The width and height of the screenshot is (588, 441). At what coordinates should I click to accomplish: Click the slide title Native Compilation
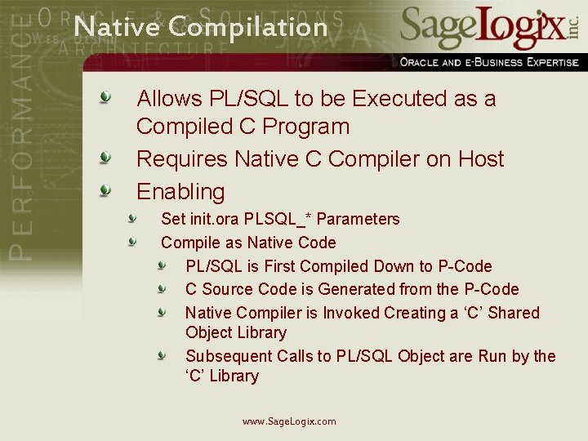(200, 27)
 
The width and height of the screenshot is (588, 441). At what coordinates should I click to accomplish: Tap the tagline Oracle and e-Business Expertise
(489, 62)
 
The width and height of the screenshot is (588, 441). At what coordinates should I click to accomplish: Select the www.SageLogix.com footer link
(289, 421)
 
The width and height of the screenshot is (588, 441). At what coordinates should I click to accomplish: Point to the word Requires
(182, 159)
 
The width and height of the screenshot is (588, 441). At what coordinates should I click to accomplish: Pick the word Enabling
(180, 192)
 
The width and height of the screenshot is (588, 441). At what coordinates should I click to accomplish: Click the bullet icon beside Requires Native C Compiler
(105, 158)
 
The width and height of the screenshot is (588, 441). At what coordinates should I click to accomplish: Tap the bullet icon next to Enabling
(105, 190)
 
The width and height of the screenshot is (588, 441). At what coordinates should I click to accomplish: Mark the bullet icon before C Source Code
(163, 288)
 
